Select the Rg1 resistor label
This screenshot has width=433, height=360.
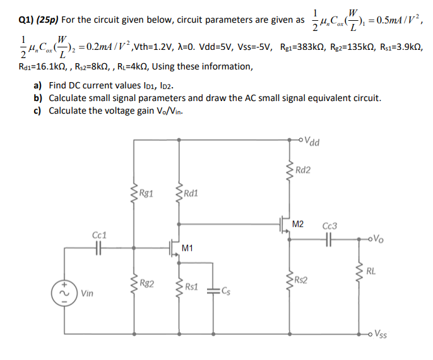click(x=148, y=189)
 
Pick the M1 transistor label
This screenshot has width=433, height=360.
click(x=187, y=248)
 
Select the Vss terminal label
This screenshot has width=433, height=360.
click(x=382, y=334)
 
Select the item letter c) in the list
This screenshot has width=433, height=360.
click(x=37, y=111)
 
